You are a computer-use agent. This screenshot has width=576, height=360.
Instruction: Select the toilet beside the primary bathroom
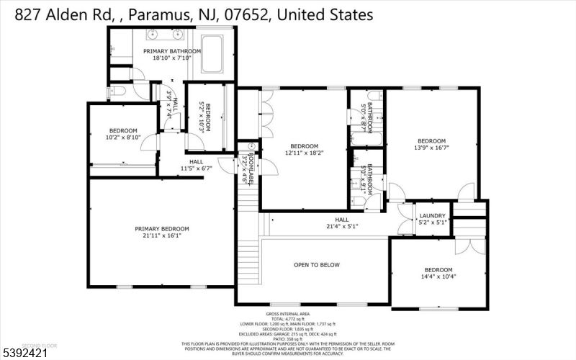[117, 91]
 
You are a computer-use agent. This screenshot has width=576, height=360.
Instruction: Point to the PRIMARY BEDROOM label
[162, 228]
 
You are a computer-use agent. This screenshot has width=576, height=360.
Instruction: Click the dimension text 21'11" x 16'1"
[162, 235]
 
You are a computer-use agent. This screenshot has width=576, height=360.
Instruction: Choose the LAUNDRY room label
[433, 215]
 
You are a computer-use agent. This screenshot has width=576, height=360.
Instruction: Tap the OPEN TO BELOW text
[315, 265]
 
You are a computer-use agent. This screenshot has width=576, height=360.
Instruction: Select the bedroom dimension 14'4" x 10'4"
[439, 276]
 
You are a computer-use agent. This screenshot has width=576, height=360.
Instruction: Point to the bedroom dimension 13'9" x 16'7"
[432, 148]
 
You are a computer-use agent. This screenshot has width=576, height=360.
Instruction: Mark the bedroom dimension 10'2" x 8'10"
[123, 137]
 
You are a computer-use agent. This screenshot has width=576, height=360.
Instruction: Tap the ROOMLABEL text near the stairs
[250, 167]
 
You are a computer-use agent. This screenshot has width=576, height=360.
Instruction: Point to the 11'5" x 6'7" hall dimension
[196, 168]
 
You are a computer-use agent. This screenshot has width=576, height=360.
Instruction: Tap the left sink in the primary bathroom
[153, 34]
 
